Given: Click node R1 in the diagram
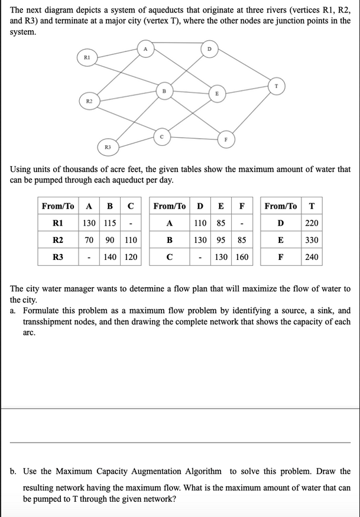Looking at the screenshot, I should (x=87, y=57).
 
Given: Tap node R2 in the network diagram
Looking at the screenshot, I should (x=89, y=102).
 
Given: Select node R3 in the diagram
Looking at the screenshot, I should (x=108, y=145).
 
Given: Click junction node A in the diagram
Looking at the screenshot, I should (x=145, y=48).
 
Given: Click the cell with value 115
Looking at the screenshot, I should (x=109, y=223).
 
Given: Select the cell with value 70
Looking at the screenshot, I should (x=89, y=240).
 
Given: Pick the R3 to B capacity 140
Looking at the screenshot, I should (x=109, y=258).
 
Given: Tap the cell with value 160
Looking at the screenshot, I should (x=242, y=258).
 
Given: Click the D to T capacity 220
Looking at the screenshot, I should (x=312, y=223).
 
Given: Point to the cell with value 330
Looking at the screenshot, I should (x=312, y=240).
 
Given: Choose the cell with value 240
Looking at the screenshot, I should (x=312, y=258).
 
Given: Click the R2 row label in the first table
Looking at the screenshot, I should (x=58, y=240).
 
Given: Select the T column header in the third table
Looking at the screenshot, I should (x=312, y=206).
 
